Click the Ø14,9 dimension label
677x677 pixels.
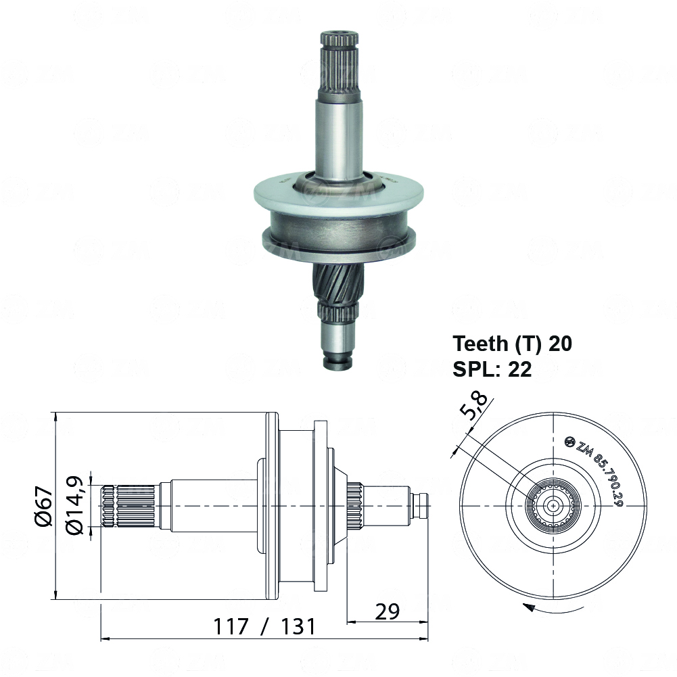76,506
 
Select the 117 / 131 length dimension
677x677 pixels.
264,626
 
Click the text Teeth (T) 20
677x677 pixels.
512,344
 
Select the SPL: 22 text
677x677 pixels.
492,369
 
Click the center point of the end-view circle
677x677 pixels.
554,506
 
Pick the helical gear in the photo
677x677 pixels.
339,281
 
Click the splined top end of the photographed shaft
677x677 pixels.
336,61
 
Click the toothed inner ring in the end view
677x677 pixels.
554,506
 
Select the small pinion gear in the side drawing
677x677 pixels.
354,506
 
